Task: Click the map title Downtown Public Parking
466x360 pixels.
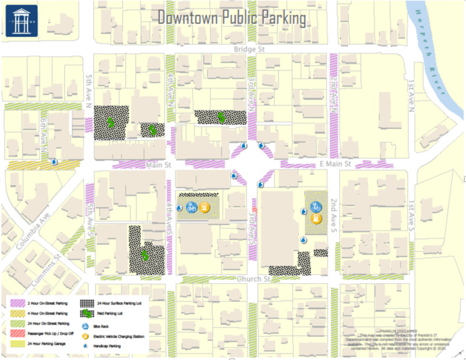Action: [232, 18]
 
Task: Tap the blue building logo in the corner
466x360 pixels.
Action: [21, 22]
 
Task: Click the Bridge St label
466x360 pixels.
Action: [249, 51]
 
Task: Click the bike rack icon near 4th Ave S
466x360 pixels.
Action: [191, 207]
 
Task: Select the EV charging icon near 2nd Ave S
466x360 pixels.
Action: [316, 218]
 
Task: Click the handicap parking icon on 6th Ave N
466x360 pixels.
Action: [54, 163]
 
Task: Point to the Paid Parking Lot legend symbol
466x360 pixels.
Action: [86, 313]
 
